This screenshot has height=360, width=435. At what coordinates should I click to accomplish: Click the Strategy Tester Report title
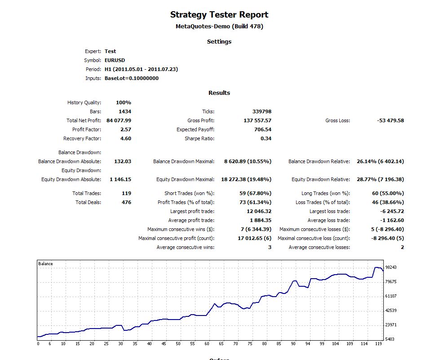(219, 15)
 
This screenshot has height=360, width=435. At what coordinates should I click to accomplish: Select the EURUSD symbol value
(115, 60)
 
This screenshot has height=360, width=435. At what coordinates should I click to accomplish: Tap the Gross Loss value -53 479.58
(390, 120)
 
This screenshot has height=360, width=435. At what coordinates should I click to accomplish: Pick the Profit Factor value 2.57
(126, 129)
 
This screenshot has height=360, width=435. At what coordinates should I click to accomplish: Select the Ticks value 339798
(262, 111)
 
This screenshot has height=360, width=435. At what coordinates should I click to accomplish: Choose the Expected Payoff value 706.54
(263, 129)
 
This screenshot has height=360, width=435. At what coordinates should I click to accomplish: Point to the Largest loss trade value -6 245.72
(391, 211)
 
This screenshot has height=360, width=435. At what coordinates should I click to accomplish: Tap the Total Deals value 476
(126, 202)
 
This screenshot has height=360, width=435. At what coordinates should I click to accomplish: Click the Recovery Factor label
(82, 138)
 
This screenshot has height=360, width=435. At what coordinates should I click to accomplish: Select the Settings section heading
(219, 41)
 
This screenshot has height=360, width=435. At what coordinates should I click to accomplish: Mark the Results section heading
(219, 93)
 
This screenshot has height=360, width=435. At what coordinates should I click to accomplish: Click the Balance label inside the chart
(45, 264)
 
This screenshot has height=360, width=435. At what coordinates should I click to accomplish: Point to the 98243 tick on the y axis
(391, 267)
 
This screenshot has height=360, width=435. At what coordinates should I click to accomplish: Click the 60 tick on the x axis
(207, 344)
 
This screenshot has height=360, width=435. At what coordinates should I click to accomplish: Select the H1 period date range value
(142, 69)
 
